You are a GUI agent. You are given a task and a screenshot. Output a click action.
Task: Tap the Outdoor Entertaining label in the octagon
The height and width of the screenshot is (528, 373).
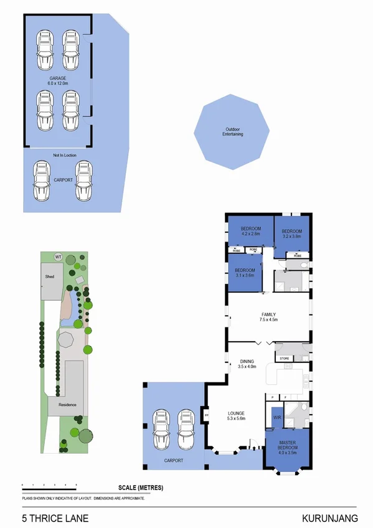coord(234,132)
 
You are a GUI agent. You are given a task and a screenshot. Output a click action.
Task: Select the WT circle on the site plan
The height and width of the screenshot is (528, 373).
coord(59,256)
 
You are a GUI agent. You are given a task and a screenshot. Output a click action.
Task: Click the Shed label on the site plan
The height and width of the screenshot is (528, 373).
coord(49,276)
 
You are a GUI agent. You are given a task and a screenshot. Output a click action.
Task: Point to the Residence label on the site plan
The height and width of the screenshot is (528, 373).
coord(67,405)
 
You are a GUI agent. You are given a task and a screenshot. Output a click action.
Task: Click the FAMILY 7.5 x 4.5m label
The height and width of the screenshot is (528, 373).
coord(269,317)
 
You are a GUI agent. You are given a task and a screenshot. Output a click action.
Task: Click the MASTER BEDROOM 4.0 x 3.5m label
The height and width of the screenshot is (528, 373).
coord(287,448)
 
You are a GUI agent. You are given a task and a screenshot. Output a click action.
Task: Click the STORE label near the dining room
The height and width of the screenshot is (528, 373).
coord(285,359)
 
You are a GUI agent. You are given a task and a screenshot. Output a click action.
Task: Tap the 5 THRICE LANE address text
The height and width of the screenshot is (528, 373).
coord(55,517)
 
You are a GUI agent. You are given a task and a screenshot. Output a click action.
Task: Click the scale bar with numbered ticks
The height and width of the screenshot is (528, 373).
coord(49,484)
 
